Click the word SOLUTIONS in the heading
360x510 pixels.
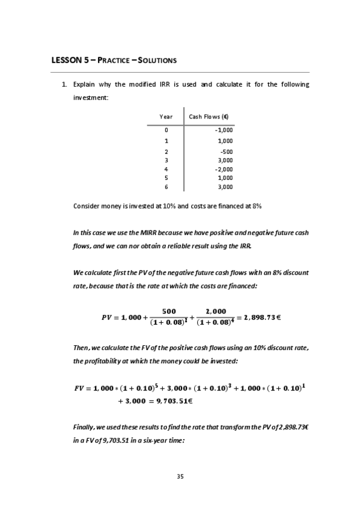coord(156,61)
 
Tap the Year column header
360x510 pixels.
coord(166,117)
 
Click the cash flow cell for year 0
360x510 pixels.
coord(224,130)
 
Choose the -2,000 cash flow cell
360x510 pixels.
coord(224,169)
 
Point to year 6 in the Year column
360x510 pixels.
coord(166,187)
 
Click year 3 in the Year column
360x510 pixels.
coord(166,160)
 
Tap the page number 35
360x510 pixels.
coord(180,476)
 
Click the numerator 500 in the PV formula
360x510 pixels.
coord(169,311)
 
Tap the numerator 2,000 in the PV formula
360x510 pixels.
coord(216,311)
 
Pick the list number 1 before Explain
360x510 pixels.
coord(64,84)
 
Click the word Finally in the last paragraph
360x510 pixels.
coord(83,426)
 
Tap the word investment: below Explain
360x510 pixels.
coord(90,97)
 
